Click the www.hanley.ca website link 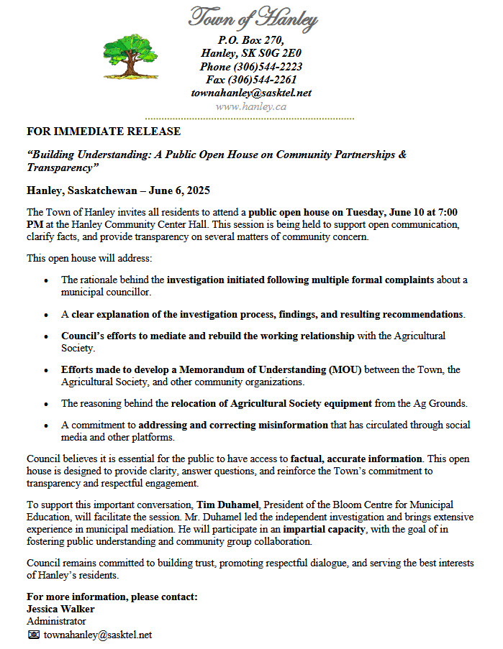[251, 106]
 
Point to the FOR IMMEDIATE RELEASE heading [104, 132]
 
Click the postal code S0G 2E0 [276, 52]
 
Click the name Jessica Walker [60, 609]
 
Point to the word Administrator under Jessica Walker [56, 621]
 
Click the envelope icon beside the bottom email [33, 635]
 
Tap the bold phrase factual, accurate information [356, 458]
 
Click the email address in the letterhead [251, 93]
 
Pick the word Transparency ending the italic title [60, 167]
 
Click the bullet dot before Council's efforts [47, 336]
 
